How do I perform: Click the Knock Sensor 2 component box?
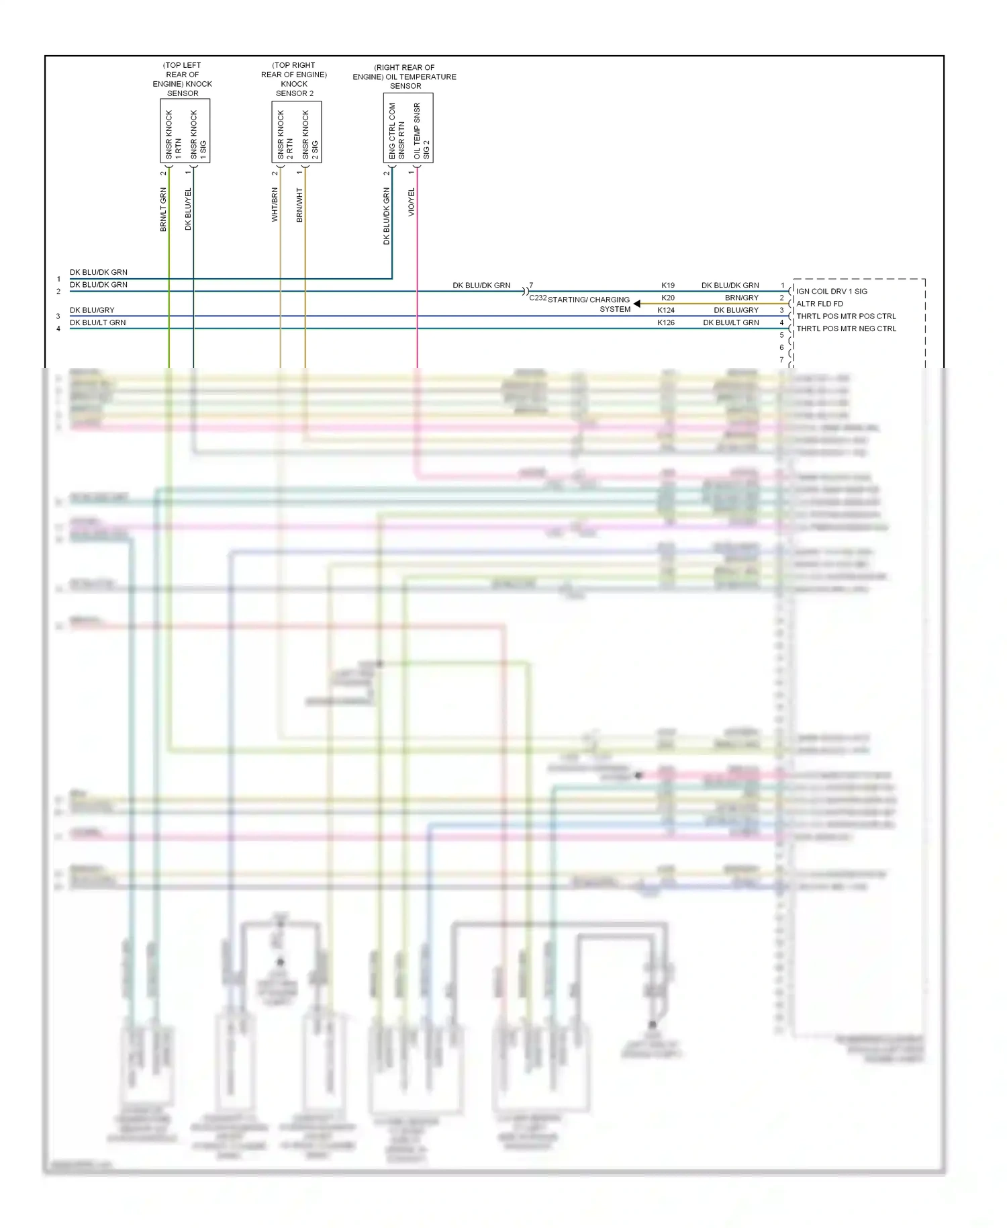pyautogui.click(x=296, y=132)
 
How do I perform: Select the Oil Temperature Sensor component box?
pyautogui.click(x=407, y=128)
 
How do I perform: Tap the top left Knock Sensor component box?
pyautogui.click(x=185, y=131)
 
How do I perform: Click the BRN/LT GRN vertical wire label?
pyautogui.click(x=163, y=210)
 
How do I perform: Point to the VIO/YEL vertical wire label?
pyautogui.click(x=412, y=202)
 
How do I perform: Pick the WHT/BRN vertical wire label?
pyautogui.click(x=275, y=205)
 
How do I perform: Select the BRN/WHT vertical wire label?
pyautogui.click(x=299, y=205)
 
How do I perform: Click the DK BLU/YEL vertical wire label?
pyautogui.click(x=188, y=209)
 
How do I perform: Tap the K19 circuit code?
pyautogui.click(x=667, y=286)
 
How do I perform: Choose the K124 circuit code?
pyautogui.click(x=666, y=310)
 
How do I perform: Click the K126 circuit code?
pyautogui.click(x=666, y=323)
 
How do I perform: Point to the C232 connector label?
pyautogui.click(x=538, y=298)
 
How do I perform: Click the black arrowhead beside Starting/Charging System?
pyautogui.click(x=636, y=304)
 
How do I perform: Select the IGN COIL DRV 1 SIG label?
pyautogui.click(x=832, y=292)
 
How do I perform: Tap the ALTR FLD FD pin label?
pyautogui.click(x=820, y=304)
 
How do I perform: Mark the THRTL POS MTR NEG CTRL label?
pyautogui.click(x=846, y=329)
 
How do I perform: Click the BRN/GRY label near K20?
pyautogui.click(x=741, y=298)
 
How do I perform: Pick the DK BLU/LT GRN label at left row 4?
pyautogui.click(x=98, y=323)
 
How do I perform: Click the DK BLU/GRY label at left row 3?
pyautogui.click(x=92, y=310)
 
